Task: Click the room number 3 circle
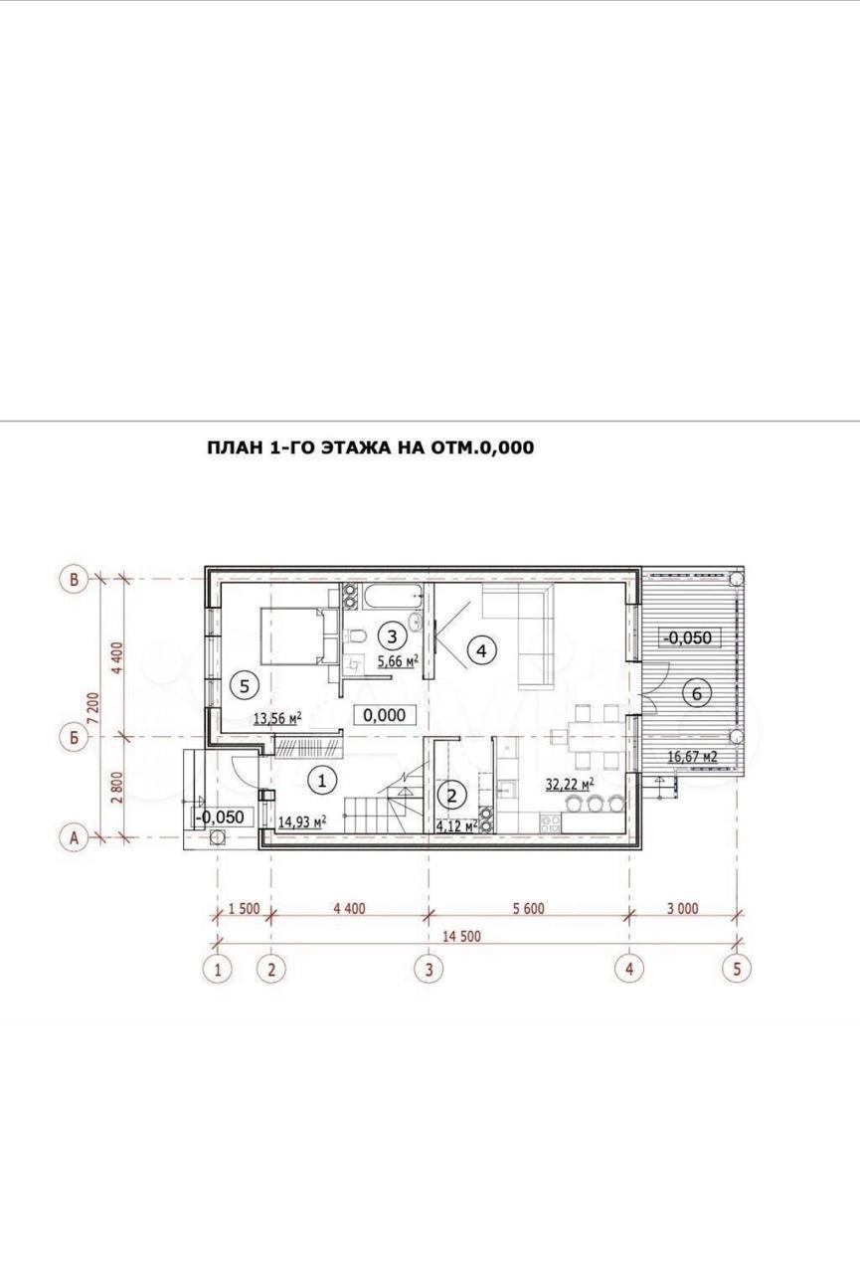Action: coord(393,636)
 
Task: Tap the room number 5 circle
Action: coord(245,686)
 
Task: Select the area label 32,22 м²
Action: coord(570,785)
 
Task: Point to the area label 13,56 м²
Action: coord(277,718)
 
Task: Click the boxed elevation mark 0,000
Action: coord(384,715)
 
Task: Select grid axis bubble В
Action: coord(74,579)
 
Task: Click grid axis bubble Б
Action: coord(74,737)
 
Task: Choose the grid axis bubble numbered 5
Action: coord(737,968)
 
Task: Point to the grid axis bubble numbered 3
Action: coord(429,968)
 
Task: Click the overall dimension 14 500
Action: coord(461,936)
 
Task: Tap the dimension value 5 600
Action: coord(528,908)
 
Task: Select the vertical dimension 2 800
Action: coord(117,787)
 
